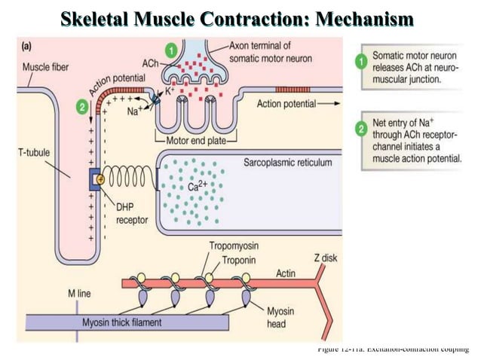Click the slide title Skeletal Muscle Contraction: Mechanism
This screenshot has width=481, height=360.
click(240, 17)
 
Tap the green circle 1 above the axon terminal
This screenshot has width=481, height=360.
click(172, 50)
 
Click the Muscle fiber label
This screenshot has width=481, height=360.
click(46, 66)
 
